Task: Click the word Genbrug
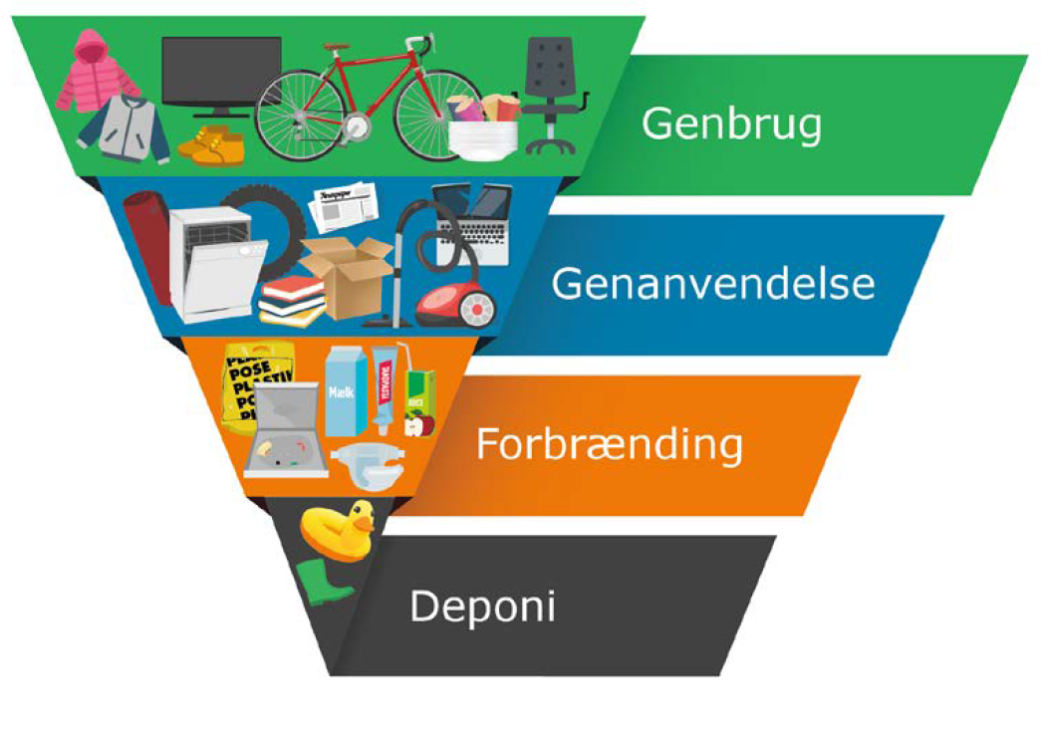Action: tap(731, 124)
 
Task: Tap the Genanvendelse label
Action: tap(713, 284)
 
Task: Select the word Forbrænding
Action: tap(609, 444)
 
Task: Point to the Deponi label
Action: tap(481, 607)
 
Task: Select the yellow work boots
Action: tap(211, 146)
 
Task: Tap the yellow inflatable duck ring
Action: tap(337, 530)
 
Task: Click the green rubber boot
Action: tap(323, 583)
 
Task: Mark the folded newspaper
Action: tap(342, 204)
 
